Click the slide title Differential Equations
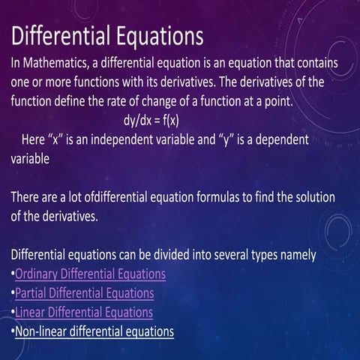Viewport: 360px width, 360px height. pyautogui.click(x=106, y=34)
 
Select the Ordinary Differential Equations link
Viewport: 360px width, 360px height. pyautogui.click(x=90, y=274)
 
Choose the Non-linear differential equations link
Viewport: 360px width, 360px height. pyautogui.click(x=94, y=330)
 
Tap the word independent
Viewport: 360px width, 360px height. pyautogui.click(x=124, y=139)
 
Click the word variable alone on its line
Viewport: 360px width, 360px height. pyautogui.click(x=30, y=158)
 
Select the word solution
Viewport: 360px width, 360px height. pyautogui.click(x=311, y=196)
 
